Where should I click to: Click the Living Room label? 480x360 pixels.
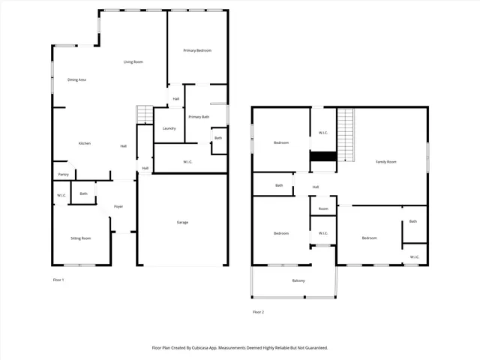(x=133, y=61)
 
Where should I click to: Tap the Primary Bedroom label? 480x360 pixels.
(x=197, y=50)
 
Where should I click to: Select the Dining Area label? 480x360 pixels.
(x=76, y=79)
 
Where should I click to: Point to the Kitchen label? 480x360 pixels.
(x=85, y=143)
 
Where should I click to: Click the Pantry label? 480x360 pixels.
(x=63, y=175)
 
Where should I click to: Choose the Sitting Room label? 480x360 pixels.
(x=80, y=238)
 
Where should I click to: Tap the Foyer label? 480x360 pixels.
(x=118, y=206)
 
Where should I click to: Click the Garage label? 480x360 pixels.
(x=182, y=222)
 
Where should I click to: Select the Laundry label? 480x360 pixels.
(x=169, y=128)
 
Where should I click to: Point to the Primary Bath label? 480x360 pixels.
(x=199, y=117)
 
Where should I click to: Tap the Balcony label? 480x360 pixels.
(x=298, y=280)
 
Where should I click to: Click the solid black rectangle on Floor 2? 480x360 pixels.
(x=323, y=156)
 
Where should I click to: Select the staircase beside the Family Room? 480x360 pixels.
(x=345, y=133)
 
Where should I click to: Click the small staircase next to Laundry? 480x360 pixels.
(x=144, y=115)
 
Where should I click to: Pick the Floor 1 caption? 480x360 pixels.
(x=58, y=280)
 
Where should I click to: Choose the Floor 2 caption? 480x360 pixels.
(x=259, y=311)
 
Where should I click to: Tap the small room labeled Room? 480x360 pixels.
(x=323, y=208)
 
